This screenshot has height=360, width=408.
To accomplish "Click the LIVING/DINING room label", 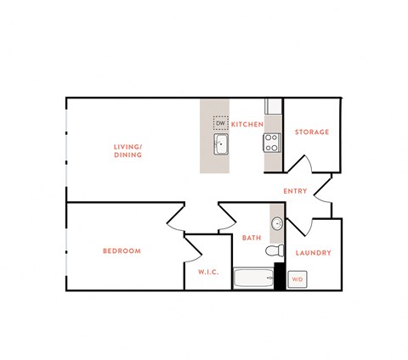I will point(127,151).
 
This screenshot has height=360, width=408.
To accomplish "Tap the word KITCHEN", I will point(246,125).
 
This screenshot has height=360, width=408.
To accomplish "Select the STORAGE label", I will point(311,132).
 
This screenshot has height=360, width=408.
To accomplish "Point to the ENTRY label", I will point(295,191).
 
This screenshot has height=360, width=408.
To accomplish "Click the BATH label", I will point(251,238).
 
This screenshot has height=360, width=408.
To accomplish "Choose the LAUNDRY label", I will point(312,253).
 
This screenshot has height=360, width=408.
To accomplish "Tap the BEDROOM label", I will point(122,250).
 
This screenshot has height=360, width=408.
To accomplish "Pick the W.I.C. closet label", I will point(208,272).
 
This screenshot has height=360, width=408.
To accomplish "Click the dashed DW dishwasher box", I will point(220,124).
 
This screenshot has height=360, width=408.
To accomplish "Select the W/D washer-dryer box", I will point(297,278).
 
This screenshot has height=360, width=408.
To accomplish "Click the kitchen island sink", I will point(221,144).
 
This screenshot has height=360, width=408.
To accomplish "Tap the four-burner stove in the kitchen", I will point(272,141).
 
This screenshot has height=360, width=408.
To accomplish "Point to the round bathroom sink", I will point(277,224).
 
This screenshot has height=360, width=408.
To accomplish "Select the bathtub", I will point(254,278).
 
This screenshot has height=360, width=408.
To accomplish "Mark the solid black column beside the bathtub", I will point(280,277).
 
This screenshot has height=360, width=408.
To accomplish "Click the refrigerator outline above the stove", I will point(273,107).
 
